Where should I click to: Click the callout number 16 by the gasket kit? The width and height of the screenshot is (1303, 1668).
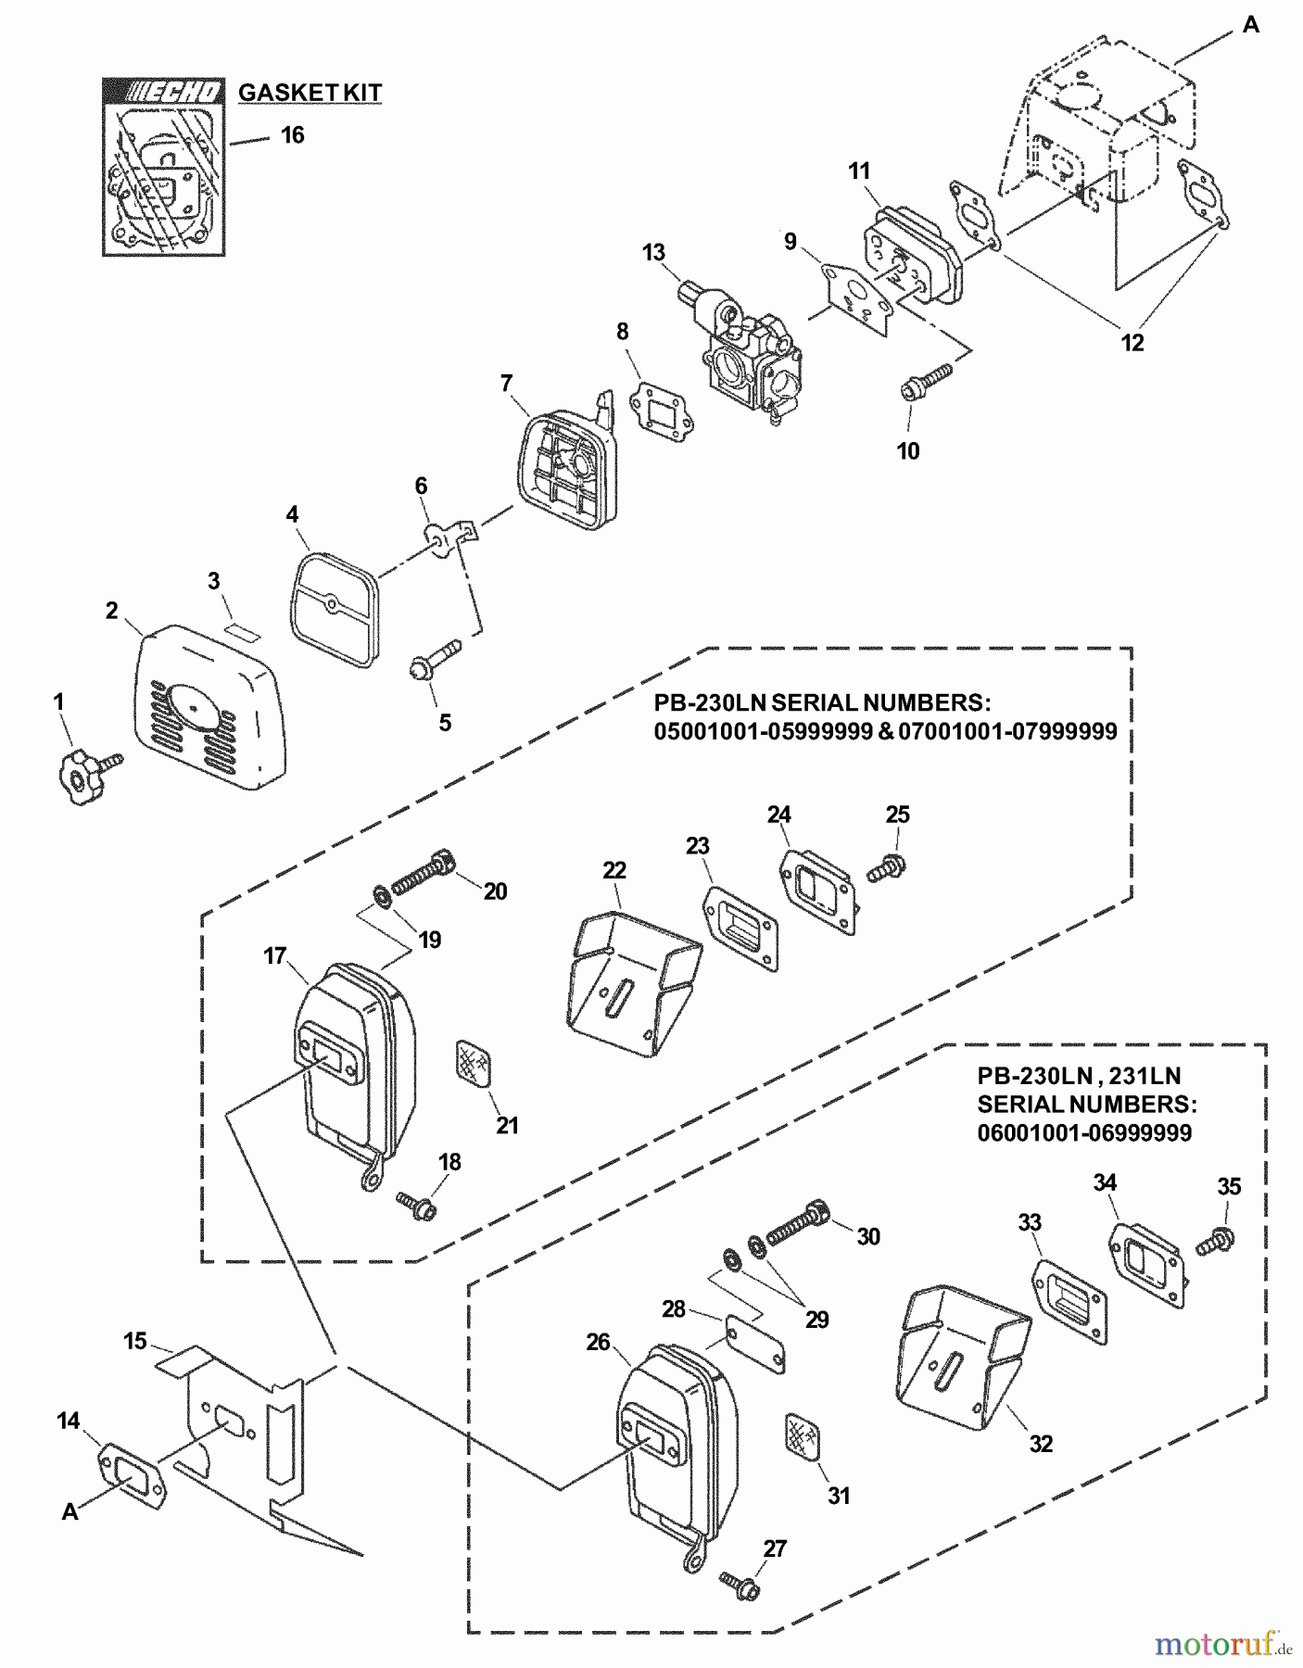(x=293, y=135)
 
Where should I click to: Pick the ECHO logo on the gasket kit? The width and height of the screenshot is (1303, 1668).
(x=174, y=92)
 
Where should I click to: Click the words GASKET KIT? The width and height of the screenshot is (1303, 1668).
(x=310, y=93)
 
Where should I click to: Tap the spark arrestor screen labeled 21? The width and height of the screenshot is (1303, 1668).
(x=474, y=1062)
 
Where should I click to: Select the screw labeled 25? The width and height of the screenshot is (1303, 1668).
(x=888, y=868)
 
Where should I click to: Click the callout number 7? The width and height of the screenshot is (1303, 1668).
(x=506, y=383)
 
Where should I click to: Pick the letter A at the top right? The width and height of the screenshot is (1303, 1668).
(x=1250, y=26)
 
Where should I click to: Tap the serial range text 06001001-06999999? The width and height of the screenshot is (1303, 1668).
(x=1084, y=1132)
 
